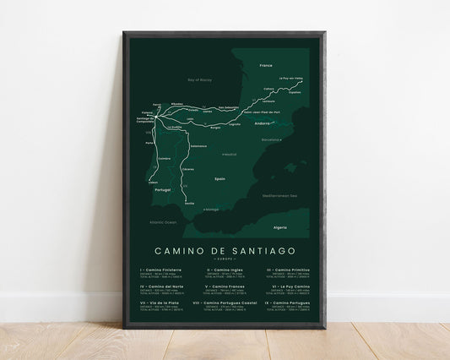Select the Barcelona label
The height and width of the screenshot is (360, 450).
point(271,139)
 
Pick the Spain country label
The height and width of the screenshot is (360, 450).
point(220,179)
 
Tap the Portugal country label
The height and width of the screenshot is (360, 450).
point(163,190)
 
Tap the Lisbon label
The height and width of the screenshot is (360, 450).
point(153,183)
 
